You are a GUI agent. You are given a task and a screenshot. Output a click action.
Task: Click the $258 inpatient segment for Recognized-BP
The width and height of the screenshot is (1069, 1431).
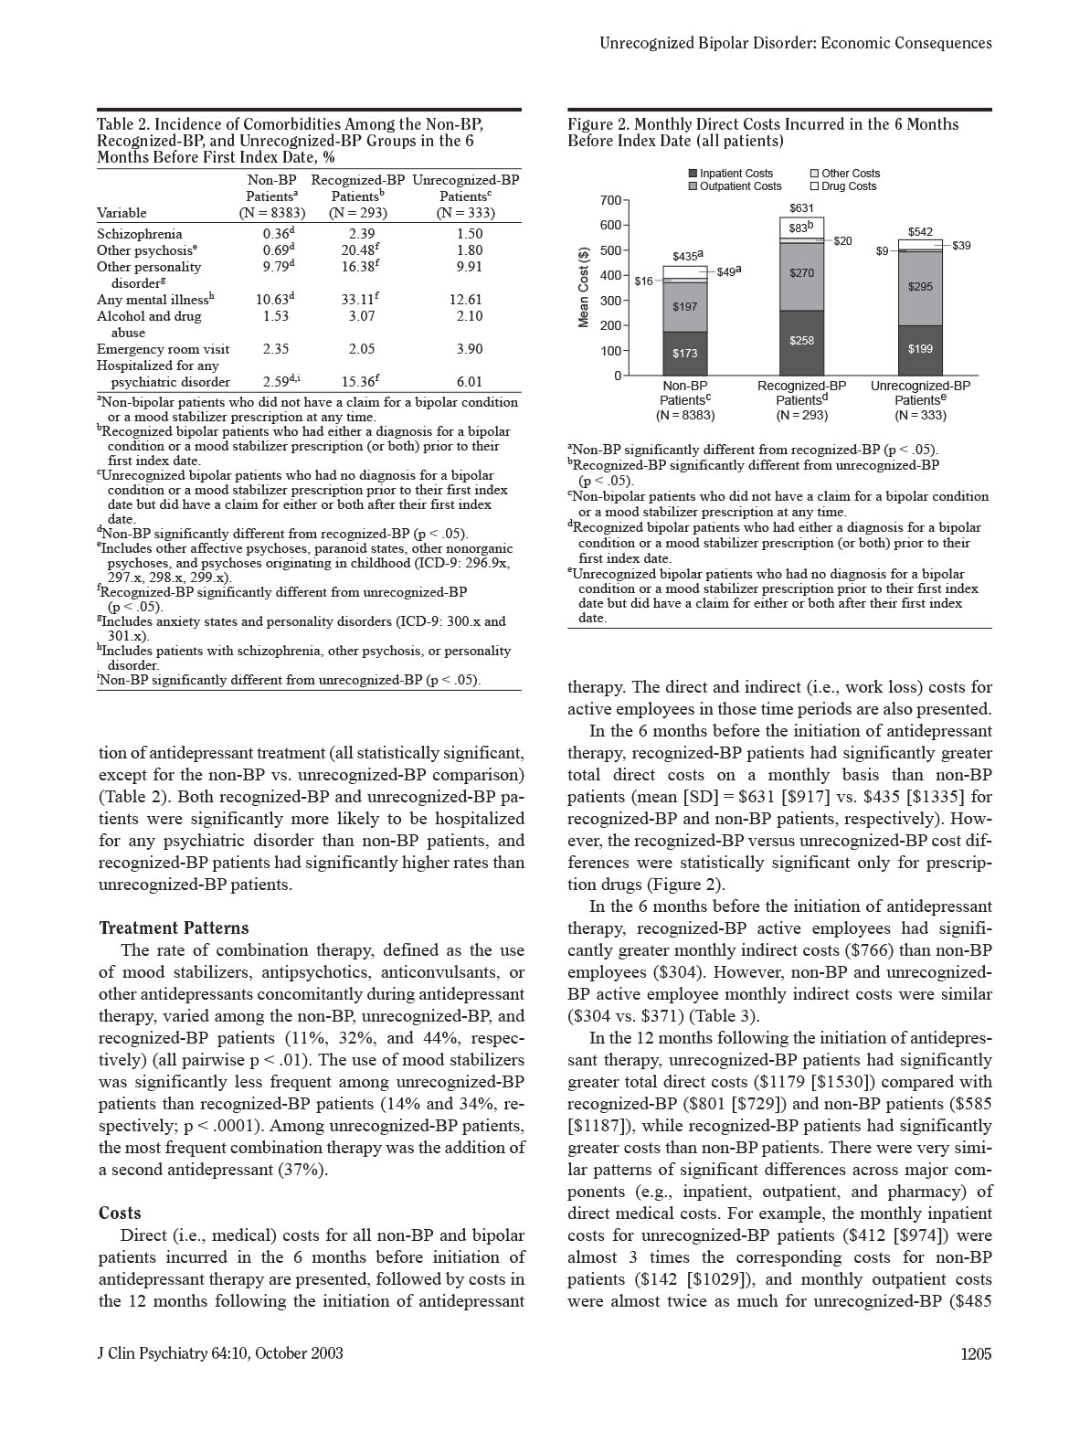tap(801, 341)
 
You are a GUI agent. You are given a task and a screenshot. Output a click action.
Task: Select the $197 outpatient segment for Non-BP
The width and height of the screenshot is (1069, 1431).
tap(684, 307)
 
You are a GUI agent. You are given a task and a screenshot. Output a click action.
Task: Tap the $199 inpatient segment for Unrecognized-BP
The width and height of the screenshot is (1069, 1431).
tap(920, 349)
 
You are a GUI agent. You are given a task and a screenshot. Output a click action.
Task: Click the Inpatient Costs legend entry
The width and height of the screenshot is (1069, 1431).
tap(731, 174)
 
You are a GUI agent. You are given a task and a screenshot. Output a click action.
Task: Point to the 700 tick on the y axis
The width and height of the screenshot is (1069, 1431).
tap(610, 200)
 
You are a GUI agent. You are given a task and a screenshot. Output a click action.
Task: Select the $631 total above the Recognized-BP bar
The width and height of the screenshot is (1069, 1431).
tap(801, 208)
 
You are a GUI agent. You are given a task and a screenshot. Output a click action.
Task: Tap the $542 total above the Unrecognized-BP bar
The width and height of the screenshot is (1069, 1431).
tap(920, 232)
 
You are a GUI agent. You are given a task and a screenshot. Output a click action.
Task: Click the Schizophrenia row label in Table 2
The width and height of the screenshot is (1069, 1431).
tap(140, 234)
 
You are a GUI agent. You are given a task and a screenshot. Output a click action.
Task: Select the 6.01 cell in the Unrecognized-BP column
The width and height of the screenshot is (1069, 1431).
tap(469, 382)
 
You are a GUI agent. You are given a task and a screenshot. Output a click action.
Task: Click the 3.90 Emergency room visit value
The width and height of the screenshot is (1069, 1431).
tap(469, 349)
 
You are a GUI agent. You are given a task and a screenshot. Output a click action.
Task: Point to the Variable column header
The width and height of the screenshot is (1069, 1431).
tap(122, 213)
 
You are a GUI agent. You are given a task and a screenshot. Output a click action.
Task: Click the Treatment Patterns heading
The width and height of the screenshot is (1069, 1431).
tap(174, 928)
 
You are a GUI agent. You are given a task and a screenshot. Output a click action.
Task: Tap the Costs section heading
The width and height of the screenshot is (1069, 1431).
tap(120, 1214)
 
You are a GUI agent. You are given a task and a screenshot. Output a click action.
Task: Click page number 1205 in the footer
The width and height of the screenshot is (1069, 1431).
tap(975, 1354)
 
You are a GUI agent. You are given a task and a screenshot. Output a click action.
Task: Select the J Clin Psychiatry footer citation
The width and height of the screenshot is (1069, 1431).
tap(219, 1354)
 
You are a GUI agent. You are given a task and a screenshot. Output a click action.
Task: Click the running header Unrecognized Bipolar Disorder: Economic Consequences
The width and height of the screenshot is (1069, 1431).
tap(795, 43)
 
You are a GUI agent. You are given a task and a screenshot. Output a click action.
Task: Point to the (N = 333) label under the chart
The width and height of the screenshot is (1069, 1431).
tap(920, 416)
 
